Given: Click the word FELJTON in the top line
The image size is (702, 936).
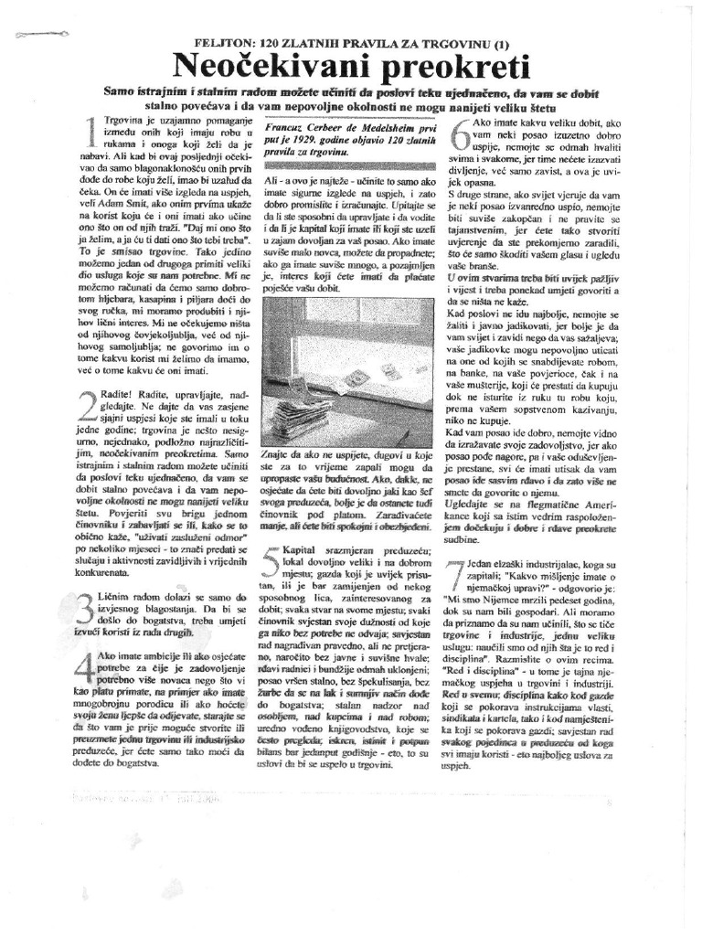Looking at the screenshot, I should (223, 44).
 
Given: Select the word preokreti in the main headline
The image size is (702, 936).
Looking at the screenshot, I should (441, 68).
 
